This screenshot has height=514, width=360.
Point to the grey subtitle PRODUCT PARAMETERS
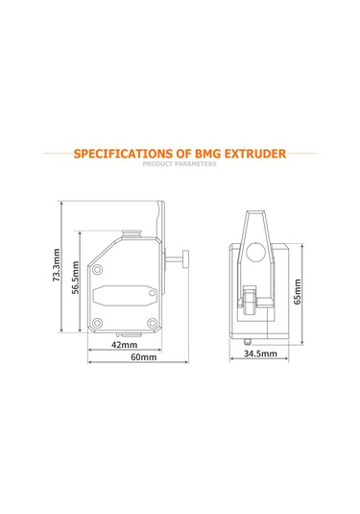[180, 164]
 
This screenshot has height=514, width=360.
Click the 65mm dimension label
[299, 291]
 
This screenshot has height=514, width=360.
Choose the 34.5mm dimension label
[260, 354]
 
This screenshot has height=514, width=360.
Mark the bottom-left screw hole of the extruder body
[97, 322]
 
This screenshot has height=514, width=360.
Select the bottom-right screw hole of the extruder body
[153, 322]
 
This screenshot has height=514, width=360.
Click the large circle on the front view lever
[257, 252]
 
